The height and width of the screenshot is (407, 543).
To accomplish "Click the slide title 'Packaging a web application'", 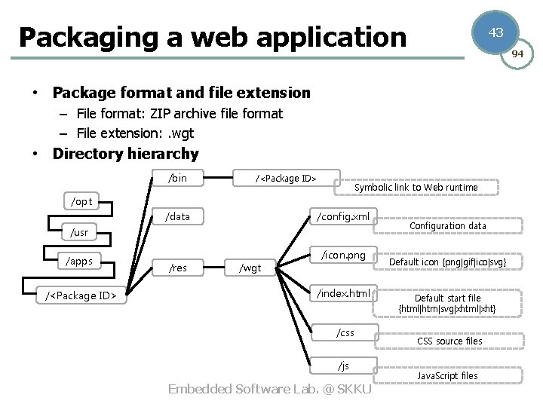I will click(x=213, y=36).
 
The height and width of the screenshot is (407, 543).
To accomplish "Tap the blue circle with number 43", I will click(x=495, y=32).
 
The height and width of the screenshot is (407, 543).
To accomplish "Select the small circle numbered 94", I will click(x=518, y=54).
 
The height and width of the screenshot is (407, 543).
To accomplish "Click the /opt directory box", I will click(x=81, y=201).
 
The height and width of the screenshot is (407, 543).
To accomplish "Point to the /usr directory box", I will click(x=79, y=232).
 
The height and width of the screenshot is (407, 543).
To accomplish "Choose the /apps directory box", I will click(x=79, y=262).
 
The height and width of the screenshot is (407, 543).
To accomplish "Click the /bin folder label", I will click(x=178, y=179).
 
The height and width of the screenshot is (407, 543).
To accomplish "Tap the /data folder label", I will click(x=178, y=217).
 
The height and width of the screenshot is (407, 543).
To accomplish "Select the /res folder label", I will click(x=178, y=268).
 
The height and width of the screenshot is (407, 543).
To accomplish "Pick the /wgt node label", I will click(x=250, y=268).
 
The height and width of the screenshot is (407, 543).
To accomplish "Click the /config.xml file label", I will click(x=343, y=217).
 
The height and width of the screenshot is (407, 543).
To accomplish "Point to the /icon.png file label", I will click(x=343, y=255).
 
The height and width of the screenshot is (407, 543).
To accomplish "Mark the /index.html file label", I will click(x=343, y=292).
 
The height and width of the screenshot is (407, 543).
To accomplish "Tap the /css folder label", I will click(x=345, y=332).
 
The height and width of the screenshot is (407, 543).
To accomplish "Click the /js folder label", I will click(x=343, y=366).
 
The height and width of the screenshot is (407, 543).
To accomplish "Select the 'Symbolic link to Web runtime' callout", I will click(x=416, y=187).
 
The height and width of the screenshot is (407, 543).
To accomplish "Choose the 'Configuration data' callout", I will click(x=447, y=225).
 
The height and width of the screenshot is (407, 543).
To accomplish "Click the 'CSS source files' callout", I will click(x=449, y=341).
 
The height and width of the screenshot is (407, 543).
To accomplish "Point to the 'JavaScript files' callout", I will click(x=447, y=375).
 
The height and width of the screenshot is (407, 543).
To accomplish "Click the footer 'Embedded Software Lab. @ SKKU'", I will click(x=270, y=389).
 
